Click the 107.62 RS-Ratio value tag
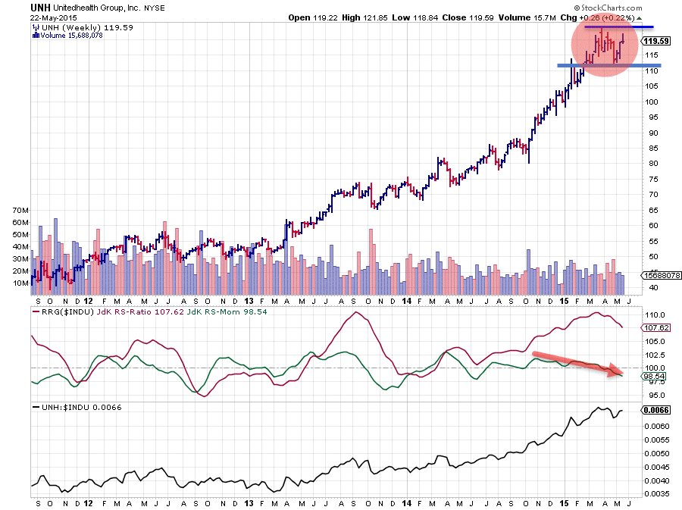(654, 328)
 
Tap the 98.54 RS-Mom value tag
(654, 376)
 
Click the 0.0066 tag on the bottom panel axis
(655, 410)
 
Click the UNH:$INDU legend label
(63, 407)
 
